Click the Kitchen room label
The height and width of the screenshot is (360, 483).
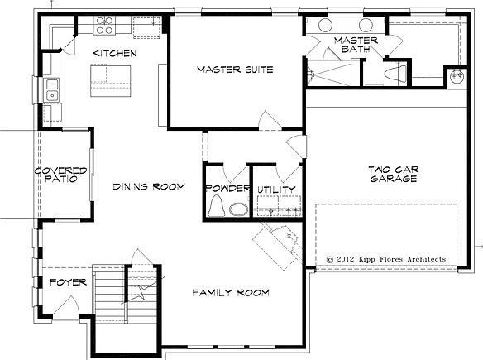coord(114,53)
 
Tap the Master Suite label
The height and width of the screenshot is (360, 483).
coord(235,70)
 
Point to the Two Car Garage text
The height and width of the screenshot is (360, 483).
coord(394,174)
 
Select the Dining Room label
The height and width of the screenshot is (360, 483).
coord(149,186)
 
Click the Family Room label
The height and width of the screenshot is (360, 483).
coord(231,292)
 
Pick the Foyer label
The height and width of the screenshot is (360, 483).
coord(68,282)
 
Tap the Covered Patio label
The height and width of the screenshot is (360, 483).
coord(60,175)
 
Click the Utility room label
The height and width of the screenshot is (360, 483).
coord(276,190)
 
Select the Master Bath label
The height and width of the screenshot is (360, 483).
coord(356,45)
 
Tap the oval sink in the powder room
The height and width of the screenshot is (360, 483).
coord(238,209)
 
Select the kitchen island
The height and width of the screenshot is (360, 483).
coord(111,81)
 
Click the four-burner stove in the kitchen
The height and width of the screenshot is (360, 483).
coord(105,26)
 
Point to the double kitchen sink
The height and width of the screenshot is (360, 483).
coord(52,90)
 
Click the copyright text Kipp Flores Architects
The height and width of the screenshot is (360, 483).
coord(386,259)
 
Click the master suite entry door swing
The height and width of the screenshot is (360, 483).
coord(270,120)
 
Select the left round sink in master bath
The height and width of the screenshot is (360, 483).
coord(325,26)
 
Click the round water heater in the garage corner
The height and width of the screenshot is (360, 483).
coord(457,76)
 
